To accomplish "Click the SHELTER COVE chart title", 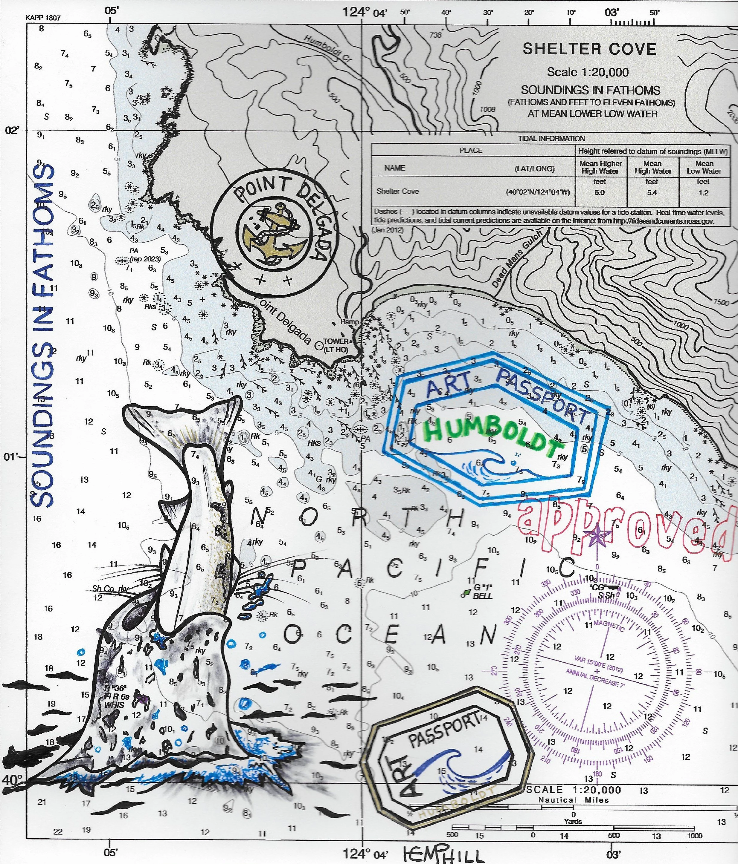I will (589, 49).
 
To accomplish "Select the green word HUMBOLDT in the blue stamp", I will (492, 435).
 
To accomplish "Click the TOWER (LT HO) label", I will (336, 345).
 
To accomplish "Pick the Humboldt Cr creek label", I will (328, 48).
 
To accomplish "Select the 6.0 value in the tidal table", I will (600, 193).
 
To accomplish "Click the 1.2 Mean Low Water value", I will (703, 193).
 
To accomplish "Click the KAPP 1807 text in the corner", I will (43, 18).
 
